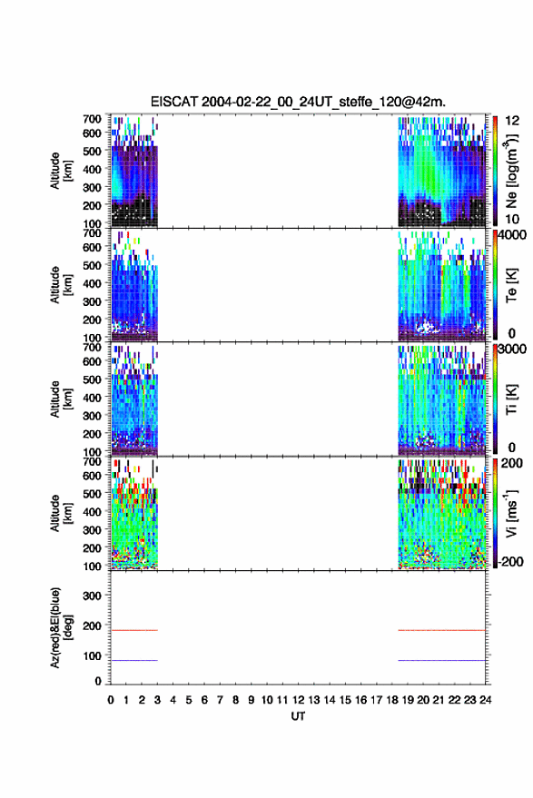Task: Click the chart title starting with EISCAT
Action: [x=298, y=102]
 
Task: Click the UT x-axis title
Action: [x=298, y=716]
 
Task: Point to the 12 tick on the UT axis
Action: [x=299, y=700]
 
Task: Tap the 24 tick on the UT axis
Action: [x=485, y=700]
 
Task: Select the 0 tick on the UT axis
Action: [x=111, y=700]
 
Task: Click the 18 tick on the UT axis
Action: [x=392, y=700]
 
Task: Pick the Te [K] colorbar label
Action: [x=511, y=285]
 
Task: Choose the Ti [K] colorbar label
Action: [x=511, y=399]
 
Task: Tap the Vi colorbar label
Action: [x=511, y=514]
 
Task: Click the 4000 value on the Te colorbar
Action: [x=513, y=235]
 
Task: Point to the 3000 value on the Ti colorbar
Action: [x=513, y=350]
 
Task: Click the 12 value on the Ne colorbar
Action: [x=513, y=121]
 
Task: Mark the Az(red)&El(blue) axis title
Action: [x=62, y=627]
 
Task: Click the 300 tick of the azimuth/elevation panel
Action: [x=92, y=596]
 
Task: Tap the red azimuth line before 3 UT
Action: [x=134, y=630]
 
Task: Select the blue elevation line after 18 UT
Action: [x=442, y=660]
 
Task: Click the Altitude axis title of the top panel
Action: [x=62, y=171]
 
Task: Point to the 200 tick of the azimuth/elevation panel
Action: [x=92, y=626]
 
